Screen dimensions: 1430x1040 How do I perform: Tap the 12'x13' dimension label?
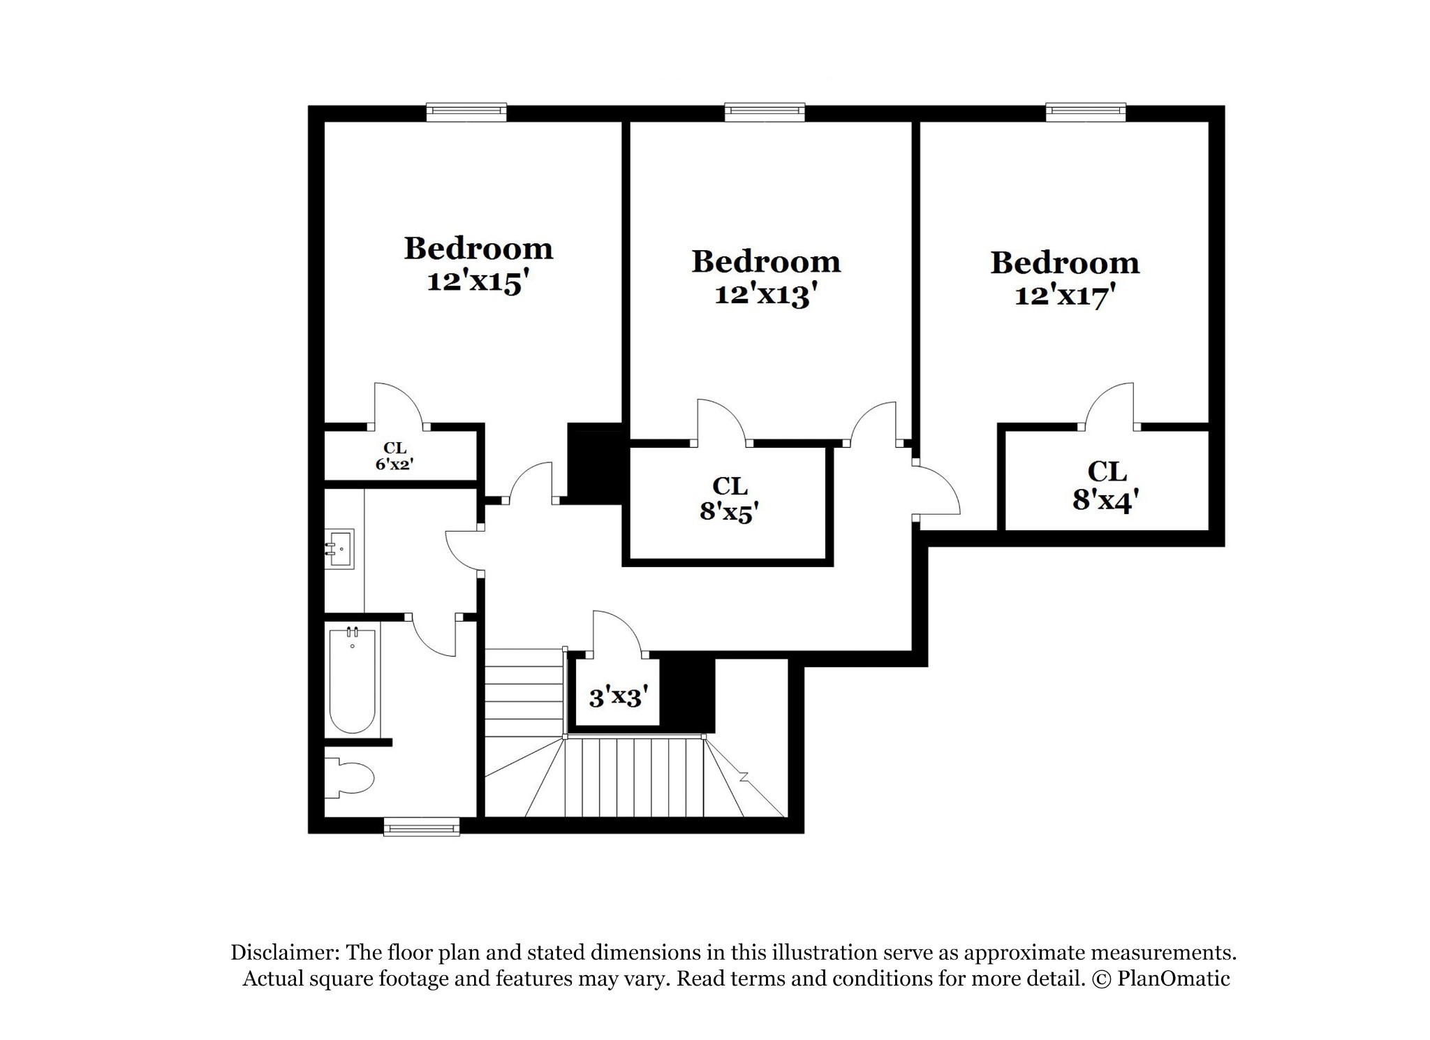click(x=765, y=294)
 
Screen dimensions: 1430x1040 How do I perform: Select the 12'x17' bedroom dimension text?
click(x=1064, y=295)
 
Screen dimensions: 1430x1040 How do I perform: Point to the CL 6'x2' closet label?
click(x=395, y=456)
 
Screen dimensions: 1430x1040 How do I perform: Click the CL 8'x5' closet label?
click(x=729, y=499)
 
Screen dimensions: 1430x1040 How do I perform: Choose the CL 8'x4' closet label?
click(x=1106, y=485)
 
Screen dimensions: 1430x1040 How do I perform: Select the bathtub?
click(x=352, y=680)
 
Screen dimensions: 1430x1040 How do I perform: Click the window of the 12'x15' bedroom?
click(x=466, y=112)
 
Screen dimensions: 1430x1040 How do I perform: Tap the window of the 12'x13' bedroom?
click(x=765, y=112)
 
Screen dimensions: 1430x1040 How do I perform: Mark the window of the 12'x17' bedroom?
click(x=1086, y=112)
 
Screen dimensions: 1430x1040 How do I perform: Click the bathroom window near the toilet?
click(x=422, y=826)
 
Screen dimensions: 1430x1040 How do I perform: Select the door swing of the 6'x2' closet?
click(x=399, y=404)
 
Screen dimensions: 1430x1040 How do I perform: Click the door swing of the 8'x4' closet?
click(x=1110, y=404)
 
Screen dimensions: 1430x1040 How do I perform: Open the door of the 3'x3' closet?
click(x=617, y=633)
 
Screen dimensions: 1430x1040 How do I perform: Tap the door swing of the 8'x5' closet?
click(x=722, y=420)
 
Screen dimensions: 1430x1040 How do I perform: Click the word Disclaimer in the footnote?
click(x=285, y=953)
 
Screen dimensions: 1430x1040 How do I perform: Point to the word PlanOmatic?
click(x=1174, y=979)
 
